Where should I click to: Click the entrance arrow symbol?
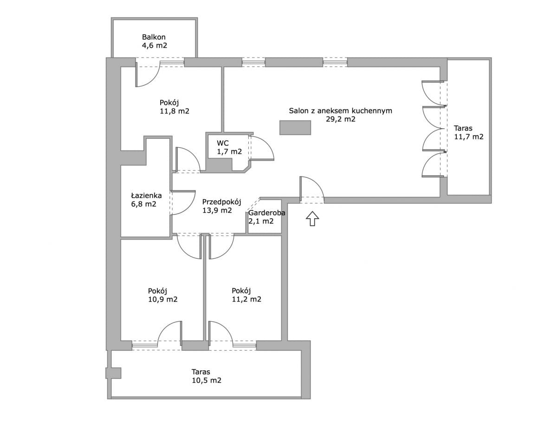(x=312, y=218)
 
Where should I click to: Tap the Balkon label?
(x=154, y=37)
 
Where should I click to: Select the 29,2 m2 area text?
(x=341, y=119)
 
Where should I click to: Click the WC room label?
(x=223, y=143)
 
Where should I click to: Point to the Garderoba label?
(x=266, y=213)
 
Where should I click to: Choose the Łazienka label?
(x=146, y=196)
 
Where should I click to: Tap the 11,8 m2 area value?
(x=175, y=111)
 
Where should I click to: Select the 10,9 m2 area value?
(x=163, y=300)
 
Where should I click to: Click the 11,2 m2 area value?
(x=246, y=299)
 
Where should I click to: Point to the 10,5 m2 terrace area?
(x=207, y=380)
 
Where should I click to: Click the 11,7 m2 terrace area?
(x=469, y=137)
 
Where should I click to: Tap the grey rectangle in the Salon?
(x=295, y=127)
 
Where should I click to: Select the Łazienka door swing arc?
(x=190, y=207)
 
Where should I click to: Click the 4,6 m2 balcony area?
(x=155, y=46)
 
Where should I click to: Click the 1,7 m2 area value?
(x=229, y=152)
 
